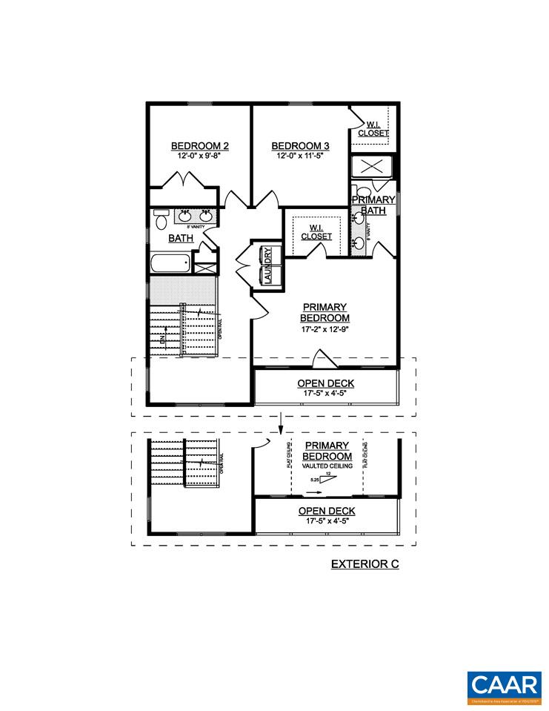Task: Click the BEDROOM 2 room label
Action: tap(199, 145)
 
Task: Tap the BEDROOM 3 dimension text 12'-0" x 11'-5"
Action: tap(302, 156)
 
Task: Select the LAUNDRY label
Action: tap(267, 264)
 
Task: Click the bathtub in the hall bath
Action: tap(170, 265)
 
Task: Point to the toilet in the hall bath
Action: tap(161, 220)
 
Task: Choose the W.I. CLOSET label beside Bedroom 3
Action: tap(373, 129)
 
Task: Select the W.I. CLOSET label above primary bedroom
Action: tap(316, 232)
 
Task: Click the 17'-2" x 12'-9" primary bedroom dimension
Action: tap(325, 329)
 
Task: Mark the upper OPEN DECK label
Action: tap(326, 383)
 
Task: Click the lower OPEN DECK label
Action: tap(326, 511)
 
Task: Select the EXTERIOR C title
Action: tap(365, 564)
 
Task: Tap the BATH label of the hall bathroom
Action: tap(181, 238)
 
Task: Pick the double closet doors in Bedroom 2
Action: tap(183, 181)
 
